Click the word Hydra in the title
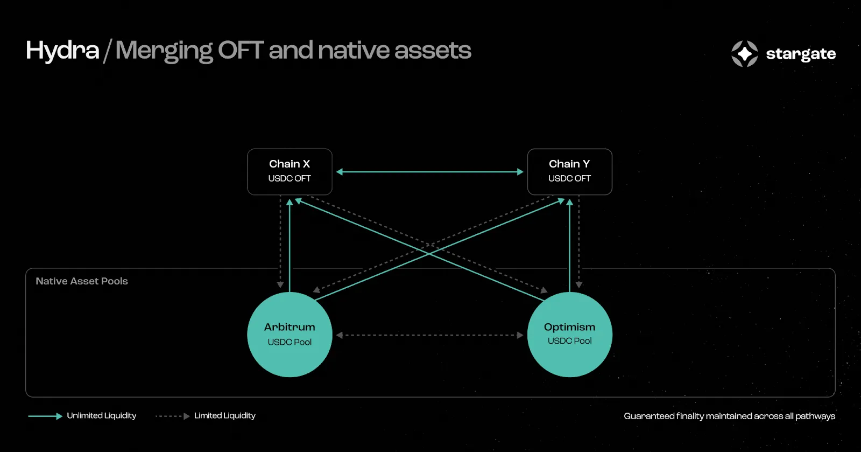(x=62, y=51)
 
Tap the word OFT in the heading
(x=241, y=50)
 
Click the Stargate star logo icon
(x=745, y=53)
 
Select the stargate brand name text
(x=801, y=54)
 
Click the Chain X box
(x=290, y=171)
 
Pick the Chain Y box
(x=570, y=171)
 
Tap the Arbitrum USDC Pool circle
(x=290, y=335)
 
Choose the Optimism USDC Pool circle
(x=570, y=335)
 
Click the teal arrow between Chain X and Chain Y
(x=430, y=171)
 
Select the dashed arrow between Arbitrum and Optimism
(x=430, y=335)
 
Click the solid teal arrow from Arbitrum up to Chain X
(x=290, y=245)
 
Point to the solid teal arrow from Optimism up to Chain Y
(x=570, y=245)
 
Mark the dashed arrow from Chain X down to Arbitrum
(x=280, y=241)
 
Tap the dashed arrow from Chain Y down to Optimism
(x=579, y=241)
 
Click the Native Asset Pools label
(x=82, y=281)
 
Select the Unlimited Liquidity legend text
(x=102, y=415)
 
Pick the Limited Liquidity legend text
(x=225, y=415)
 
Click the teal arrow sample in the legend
(x=45, y=416)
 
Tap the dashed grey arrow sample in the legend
(x=173, y=416)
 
